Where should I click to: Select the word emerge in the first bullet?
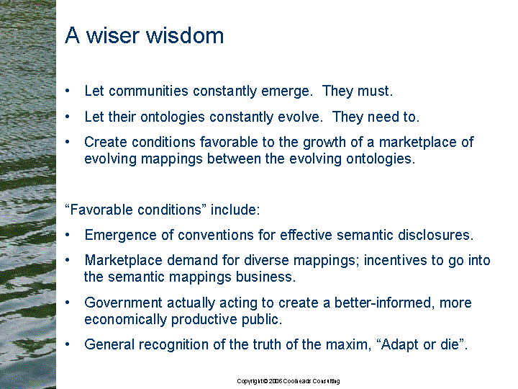pos(287,91)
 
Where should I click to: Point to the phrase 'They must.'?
pos(358,91)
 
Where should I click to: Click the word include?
pos(235,210)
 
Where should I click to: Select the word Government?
pos(123,303)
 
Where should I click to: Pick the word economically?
pos(125,320)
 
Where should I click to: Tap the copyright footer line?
pos(288,381)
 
